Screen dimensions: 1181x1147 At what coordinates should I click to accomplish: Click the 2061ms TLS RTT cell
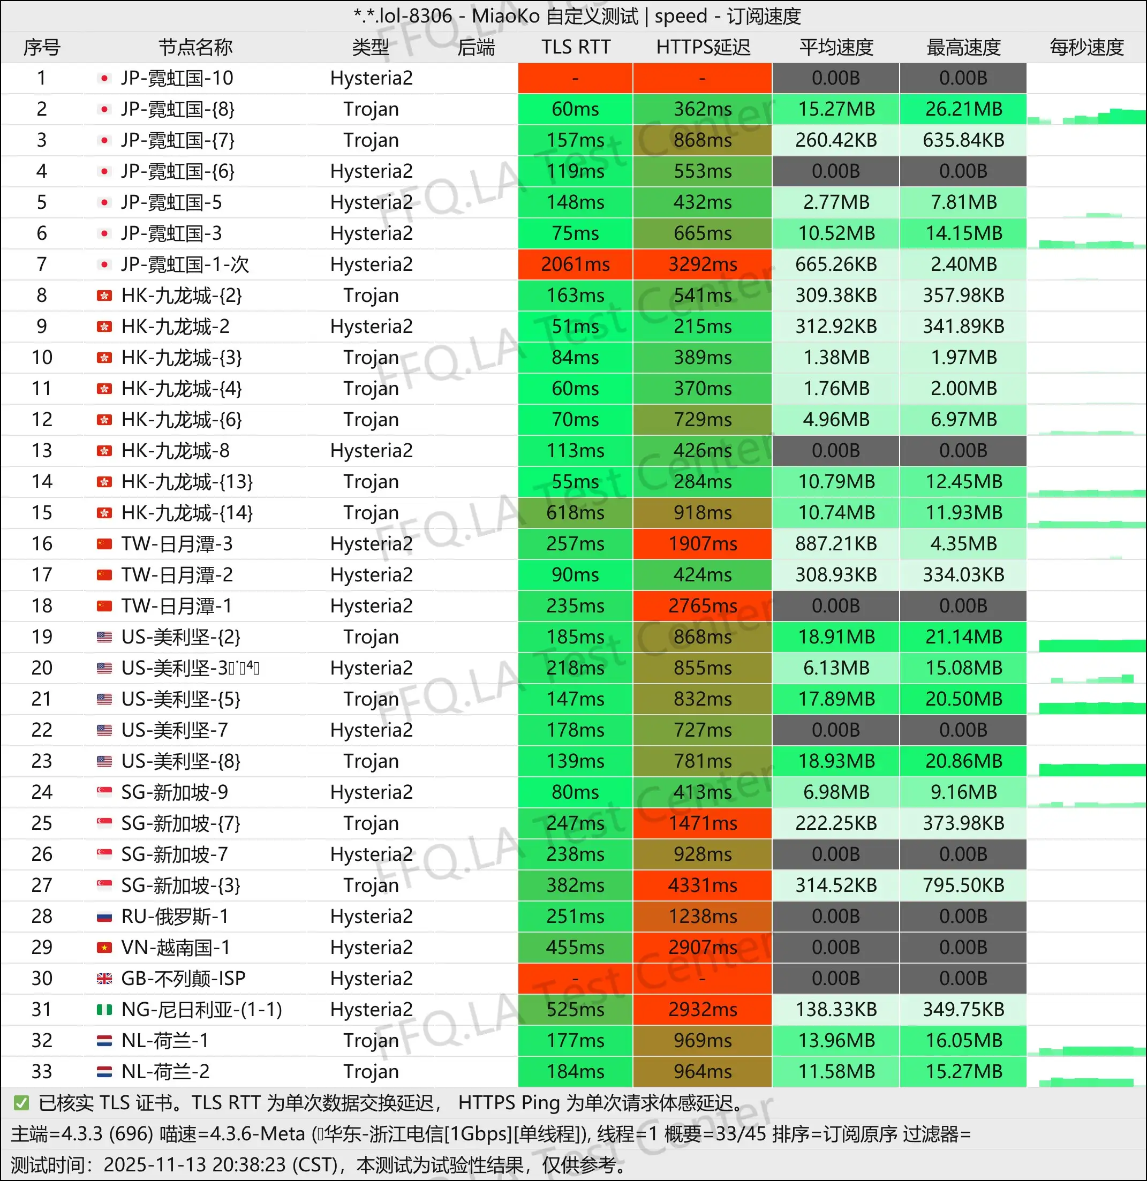click(575, 264)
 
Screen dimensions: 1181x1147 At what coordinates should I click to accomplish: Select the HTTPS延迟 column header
click(703, 47)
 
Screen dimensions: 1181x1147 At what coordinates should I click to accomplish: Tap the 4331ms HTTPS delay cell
click(703, 885)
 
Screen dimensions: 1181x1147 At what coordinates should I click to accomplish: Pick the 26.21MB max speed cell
click(963, 109)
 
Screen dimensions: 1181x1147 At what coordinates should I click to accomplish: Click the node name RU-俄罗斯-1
click(175, 917)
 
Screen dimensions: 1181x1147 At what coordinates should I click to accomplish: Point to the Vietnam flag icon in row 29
click(104, 948)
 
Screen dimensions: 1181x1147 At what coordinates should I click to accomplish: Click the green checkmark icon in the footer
click(21, 1103)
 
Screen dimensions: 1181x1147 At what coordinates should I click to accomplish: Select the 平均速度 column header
click(836, 47)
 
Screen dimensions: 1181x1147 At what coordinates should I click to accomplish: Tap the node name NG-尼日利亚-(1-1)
click(201, 1010)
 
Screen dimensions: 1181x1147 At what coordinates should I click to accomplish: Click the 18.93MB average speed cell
click(836, 761)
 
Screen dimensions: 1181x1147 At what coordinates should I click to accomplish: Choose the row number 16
click(42, 543)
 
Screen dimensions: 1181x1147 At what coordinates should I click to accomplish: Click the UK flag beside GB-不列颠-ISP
click(104, 979)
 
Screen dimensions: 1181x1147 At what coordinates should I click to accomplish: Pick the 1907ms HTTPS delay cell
click(703, 543)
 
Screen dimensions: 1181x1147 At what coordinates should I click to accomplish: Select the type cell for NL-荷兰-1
click(371, 1041)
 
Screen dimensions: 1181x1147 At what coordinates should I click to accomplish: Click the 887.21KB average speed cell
click(836, 543)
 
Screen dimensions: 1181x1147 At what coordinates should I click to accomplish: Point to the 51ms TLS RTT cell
click(575, 327)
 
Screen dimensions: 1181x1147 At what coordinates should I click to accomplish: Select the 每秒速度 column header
click(1086, 47)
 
